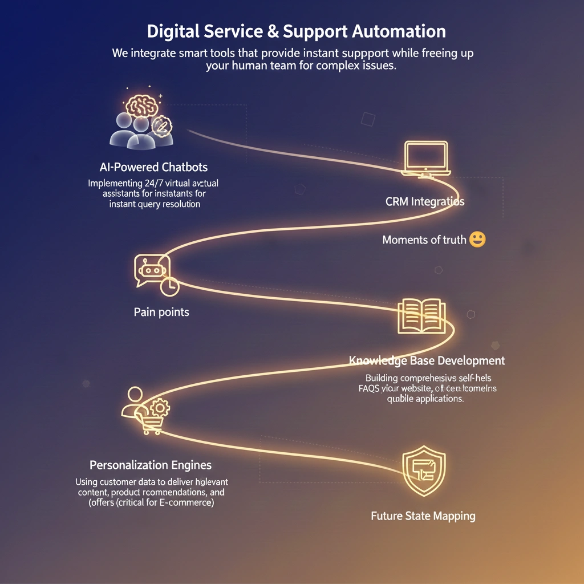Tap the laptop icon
425,158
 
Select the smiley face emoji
477,240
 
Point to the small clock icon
169,287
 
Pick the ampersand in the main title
273,31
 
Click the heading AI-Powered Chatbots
153,167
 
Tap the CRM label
399,201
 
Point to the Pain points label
161,312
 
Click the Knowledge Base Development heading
427,360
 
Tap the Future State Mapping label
423,516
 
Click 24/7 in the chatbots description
150,184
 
